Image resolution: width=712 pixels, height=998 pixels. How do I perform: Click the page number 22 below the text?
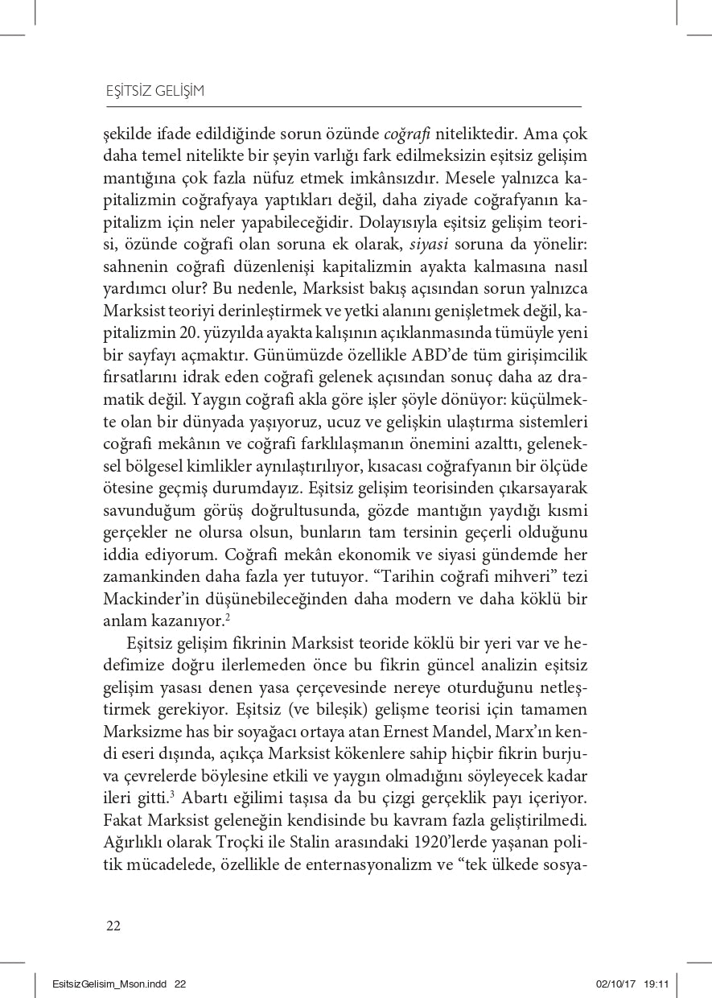[113, 925]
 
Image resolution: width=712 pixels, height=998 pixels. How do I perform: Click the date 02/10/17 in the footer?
[615, 984]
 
